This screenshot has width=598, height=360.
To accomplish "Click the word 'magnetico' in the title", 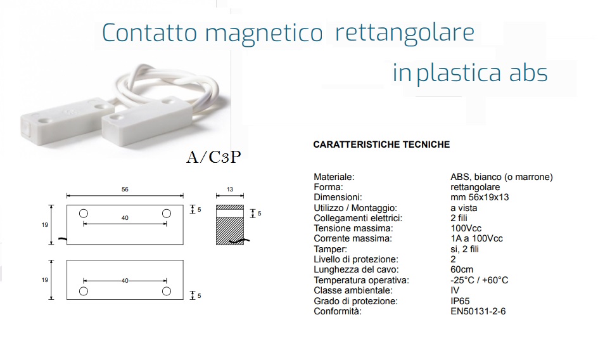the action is [x=264, y=34].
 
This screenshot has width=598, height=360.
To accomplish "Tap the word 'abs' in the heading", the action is [x=528, y=72].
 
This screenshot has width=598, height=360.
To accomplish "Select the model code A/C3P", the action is [x=213, y=157].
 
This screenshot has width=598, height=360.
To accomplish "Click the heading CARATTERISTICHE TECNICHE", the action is [x=381, y=145].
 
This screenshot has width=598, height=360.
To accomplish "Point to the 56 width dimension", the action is [x=125, y=190].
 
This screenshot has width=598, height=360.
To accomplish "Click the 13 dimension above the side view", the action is [x=229, y=190].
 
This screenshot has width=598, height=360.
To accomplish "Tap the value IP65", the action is [x=460, y=301].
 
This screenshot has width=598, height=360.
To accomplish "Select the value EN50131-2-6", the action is [x=478, y=311].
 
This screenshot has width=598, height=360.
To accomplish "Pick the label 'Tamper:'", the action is [x=330, y=249].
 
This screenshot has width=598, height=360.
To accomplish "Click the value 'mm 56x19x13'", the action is [x=480, y=197].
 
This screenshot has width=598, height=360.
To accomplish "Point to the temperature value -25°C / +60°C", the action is [x=479, y=280].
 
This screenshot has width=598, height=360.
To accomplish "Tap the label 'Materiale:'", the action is [x=334, y=177].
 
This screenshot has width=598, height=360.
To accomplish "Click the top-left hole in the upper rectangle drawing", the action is [x=84, y=214].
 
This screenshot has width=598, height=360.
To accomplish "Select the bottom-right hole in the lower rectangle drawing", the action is [x=166, y=292].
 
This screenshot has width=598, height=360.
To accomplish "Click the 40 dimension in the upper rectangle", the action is [x=125, y=218].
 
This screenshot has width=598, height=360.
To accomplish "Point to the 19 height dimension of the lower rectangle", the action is [x=45, y=280].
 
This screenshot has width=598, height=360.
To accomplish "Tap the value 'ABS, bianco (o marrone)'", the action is [x=502, y=177].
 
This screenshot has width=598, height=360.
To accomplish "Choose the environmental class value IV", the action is [x=455, y=290].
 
